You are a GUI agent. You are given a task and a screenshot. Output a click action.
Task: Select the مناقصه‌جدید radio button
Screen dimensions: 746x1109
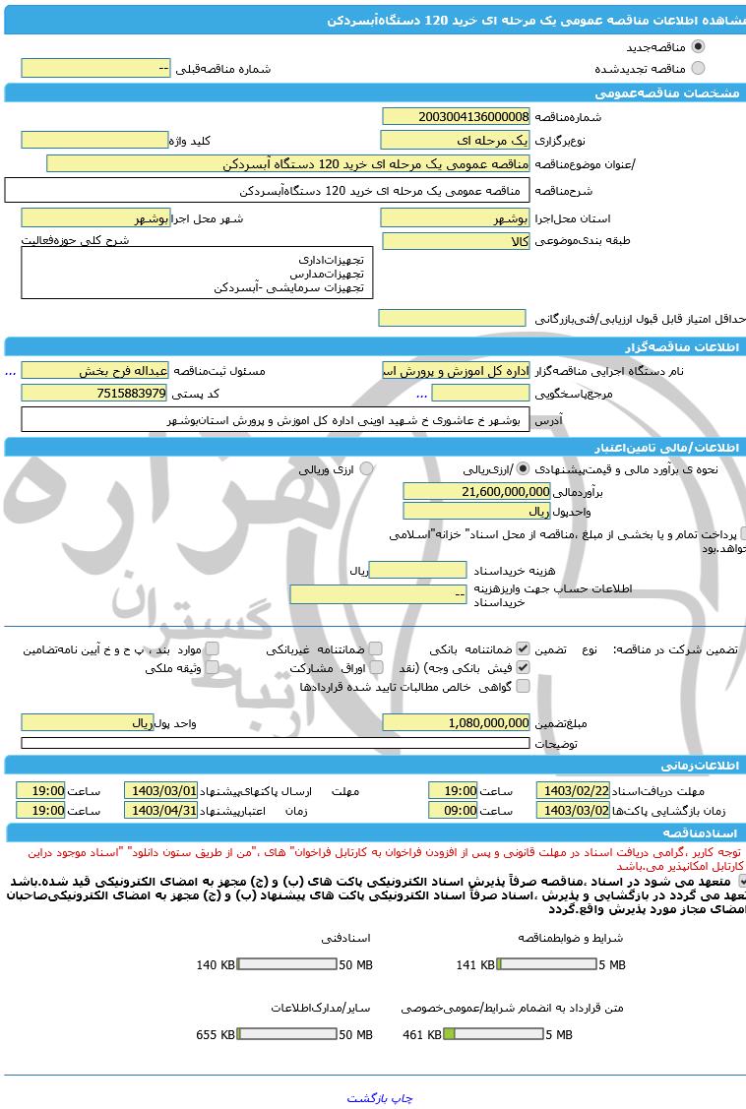tap(698, 46)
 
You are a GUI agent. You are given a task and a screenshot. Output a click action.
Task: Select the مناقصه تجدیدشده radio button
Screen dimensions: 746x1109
tap(698, 68)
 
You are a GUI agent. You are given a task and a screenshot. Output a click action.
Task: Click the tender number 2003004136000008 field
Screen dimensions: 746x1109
tap(456, 116)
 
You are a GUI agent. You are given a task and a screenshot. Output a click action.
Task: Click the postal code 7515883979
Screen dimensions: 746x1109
tap(94, 393)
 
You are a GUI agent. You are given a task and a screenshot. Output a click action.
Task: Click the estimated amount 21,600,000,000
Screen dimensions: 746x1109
tap(476, 490)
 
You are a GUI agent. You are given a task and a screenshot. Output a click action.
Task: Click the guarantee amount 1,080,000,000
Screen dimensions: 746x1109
tap(456, 722)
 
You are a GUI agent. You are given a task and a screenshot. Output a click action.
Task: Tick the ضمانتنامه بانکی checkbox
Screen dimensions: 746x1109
tap(523, 649)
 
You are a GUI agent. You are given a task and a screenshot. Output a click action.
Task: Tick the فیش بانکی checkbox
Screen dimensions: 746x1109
tap(523, 667)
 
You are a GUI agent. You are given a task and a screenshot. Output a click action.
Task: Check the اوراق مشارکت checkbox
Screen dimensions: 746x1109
tap(376, 667)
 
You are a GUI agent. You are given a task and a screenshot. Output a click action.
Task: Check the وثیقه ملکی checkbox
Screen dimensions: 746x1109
tap(212, 667)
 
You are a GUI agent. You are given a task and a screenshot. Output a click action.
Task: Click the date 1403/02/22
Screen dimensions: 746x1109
tap(573, 790)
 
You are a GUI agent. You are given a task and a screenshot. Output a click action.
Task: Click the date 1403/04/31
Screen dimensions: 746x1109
tap(160, 810)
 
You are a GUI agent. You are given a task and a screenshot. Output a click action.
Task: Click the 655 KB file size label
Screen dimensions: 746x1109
tap(215, 1034)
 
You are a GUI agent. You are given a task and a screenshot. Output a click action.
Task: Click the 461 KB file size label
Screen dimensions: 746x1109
tap(421, 1034)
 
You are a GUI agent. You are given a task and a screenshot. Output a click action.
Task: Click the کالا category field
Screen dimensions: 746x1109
tap(456, 241)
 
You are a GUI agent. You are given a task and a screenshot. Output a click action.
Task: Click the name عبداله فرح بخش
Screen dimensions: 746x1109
tap(94, 370)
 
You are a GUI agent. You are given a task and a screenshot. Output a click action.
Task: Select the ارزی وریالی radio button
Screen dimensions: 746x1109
tap(366, 469)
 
